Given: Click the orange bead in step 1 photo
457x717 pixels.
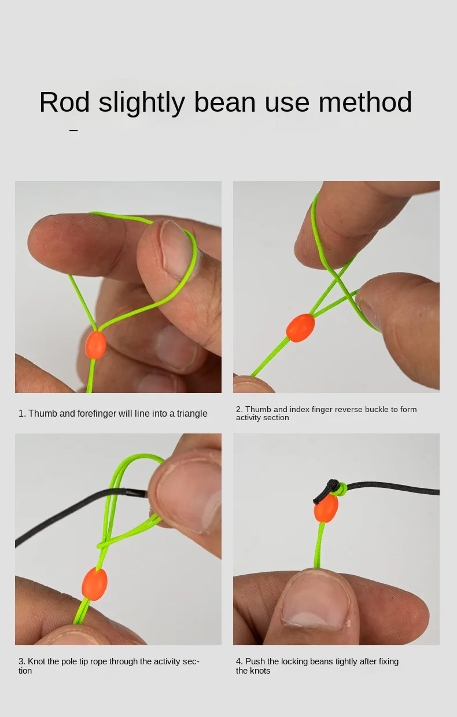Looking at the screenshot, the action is point(95,345).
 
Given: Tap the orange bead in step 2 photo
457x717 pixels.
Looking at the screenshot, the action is point(300,328).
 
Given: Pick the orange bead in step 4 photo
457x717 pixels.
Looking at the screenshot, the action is point(326,508).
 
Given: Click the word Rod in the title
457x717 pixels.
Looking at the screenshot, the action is point(64,102).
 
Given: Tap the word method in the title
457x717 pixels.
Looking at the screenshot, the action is point(365,102).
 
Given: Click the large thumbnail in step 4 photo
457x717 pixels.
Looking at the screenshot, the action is point(316,598).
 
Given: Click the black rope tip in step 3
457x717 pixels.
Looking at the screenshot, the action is point(137,493).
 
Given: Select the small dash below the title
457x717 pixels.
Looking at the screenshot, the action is point(73,130).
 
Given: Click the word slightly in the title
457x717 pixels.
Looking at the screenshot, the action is point(142,102).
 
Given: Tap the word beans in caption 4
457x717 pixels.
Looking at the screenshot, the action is point(321,661).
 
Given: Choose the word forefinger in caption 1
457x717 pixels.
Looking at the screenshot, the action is point(97,414).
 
